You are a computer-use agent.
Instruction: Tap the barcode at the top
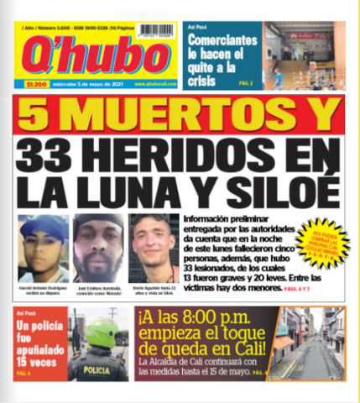(x=157, y=30)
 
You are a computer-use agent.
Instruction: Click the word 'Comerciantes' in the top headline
(x=222, y=40)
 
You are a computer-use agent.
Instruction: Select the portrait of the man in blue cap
(x=44, y=249)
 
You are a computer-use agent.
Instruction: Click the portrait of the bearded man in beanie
(x=98, y=249)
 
